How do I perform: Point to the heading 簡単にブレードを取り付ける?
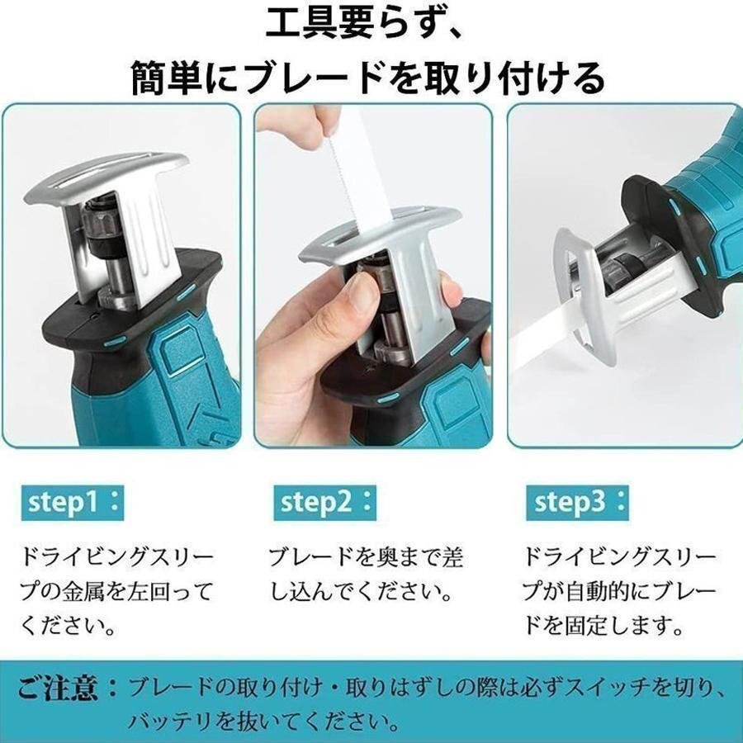coord(368,79)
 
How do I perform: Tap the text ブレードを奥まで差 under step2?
coord(366,556)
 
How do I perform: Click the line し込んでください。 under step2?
coord(361,591)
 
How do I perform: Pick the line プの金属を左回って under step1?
coord(116,591)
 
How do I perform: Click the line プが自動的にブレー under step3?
coord(617,591)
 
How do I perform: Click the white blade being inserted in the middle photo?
coord(356,177)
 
